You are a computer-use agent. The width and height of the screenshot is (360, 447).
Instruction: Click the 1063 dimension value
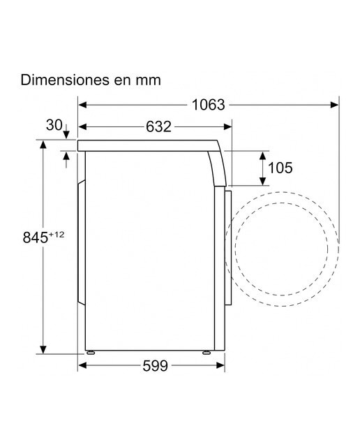pyautogui.click(x=208, y=105)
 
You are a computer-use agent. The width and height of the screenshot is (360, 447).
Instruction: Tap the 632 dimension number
pyautogui.click(x=158, y=126)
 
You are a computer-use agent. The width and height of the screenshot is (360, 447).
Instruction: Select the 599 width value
pyautogui.click(x=155, y=366)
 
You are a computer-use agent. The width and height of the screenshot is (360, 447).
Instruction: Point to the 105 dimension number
pyautogui.click(x=280, y=168)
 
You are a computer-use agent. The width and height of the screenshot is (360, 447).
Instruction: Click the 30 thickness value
pyautogui.click(x=54, y=125)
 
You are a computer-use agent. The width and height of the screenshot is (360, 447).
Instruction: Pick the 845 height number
pyautogui.click(x=36, y=237)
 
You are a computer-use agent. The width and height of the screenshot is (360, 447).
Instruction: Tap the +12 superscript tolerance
pyautogui.click(x=57, y=235)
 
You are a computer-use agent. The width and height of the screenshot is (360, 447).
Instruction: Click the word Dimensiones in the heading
pyautogui.click(x=65, y=80)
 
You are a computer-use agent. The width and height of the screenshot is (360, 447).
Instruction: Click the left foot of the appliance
pyautogui.click(x=91, y=353)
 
